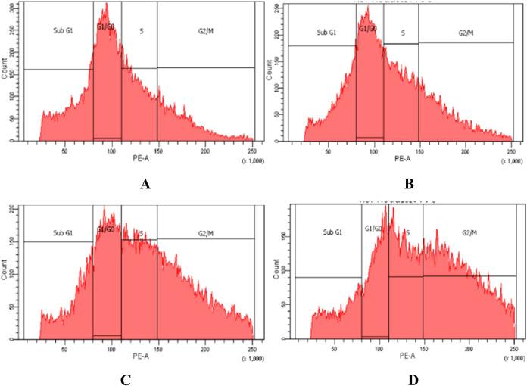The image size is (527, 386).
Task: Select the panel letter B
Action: pyautogui.click(x=393, y=183)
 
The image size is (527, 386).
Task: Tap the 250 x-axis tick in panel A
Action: pyautogui.click(x=251, y=151)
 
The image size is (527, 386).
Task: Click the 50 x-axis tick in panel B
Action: pyautogui.click(x=327, y=152)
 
